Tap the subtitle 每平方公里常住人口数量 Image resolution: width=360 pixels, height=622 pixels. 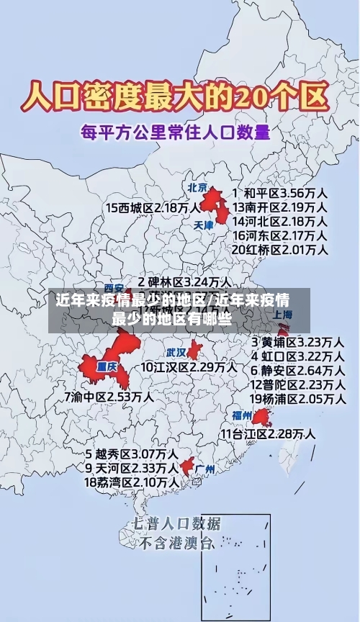[175, 132]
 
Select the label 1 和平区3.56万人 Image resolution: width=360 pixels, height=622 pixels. [281, 194]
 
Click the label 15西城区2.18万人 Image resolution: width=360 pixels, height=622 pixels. [153, 207]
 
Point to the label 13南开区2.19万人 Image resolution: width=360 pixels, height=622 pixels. [281, 207]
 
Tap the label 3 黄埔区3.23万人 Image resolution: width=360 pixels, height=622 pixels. [297, 341]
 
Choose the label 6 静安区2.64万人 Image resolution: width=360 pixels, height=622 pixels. [297, 370]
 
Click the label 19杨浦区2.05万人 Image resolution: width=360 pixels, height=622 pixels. [297, 398]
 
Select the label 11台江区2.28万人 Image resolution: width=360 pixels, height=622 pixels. [267, 433]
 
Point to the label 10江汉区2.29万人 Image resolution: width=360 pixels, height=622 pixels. [188, 367]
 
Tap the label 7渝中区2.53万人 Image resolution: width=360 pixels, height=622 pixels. [109, 397]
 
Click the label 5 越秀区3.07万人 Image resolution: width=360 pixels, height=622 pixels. [132, 455]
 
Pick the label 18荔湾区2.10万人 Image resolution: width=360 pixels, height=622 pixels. [132, 482]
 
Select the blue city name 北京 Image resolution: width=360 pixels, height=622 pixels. [197, 188]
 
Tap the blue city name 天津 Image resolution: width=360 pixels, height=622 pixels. [204, 225]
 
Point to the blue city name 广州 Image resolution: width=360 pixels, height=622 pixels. [205, 469]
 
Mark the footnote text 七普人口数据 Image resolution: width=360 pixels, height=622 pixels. [177, 523]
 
